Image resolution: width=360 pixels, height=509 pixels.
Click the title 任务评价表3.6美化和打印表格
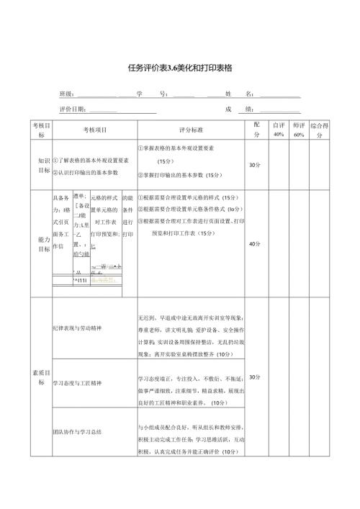(x=179, y=68)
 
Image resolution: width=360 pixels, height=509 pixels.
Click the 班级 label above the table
(x=66, y=94)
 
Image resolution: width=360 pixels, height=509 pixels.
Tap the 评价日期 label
(x=73, y=109)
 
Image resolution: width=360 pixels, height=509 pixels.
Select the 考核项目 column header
(x=93, y=130)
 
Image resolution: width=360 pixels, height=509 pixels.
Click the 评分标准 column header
(x=191, y=130)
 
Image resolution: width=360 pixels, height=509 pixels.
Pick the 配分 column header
(x=257, y=130)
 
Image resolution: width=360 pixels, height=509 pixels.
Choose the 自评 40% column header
(x=279, y=130)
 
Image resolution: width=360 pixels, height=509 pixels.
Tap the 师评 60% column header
(x=300, y=130)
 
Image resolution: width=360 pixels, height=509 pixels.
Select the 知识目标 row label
(x=40, y=166)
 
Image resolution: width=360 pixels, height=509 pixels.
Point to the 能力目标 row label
(x=40, y=244)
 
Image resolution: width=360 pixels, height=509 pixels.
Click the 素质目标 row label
(x=40, y=378)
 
